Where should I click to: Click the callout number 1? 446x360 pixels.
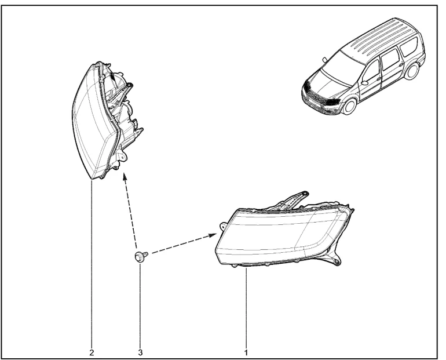point(246,352)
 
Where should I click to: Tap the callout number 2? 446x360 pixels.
point(92,352)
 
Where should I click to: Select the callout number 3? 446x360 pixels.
point(140,352)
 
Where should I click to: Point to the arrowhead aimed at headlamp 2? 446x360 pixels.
point(125,178)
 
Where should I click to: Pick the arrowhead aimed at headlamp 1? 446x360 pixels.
point(212,235)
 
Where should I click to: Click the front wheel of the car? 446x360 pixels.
point(350,106)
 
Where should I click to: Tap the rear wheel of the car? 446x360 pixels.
point(412,71)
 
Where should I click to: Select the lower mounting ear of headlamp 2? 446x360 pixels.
point(122,157)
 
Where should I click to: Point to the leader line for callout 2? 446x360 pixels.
point(92,265)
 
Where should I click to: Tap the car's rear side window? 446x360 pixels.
point(410,47)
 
